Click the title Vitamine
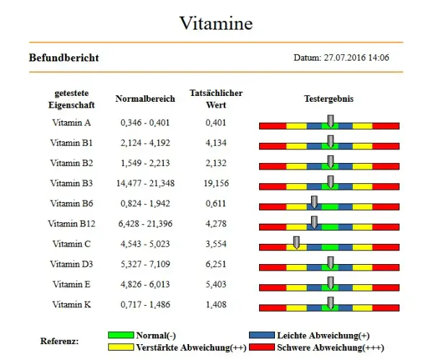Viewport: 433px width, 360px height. point(216,23)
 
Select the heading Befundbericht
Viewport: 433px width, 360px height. point(64,58)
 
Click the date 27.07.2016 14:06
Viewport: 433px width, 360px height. point(341,58)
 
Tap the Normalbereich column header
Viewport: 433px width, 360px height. point(145,99)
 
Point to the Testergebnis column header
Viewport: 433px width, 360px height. point(328,99)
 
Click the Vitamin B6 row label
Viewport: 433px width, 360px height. point(71,203)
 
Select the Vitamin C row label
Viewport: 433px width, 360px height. point(71,244)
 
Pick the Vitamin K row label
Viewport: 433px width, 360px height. point(71,304)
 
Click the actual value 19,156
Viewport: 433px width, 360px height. point(216,183)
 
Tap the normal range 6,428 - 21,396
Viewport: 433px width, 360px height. point(145,224)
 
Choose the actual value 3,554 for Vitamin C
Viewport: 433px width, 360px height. point(216,244)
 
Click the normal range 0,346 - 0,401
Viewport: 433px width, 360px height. point(145,123)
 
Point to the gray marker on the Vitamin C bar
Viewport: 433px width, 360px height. point(296,242)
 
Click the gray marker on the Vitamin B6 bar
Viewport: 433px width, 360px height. point(314,201)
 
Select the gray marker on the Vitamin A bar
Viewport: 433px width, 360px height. point(331,120)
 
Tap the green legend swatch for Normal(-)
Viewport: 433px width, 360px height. point(121,335)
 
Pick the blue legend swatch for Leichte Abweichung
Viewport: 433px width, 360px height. point(262,335)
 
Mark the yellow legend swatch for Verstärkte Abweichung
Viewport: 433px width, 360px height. point(121,348)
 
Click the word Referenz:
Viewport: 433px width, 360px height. point(59,341)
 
